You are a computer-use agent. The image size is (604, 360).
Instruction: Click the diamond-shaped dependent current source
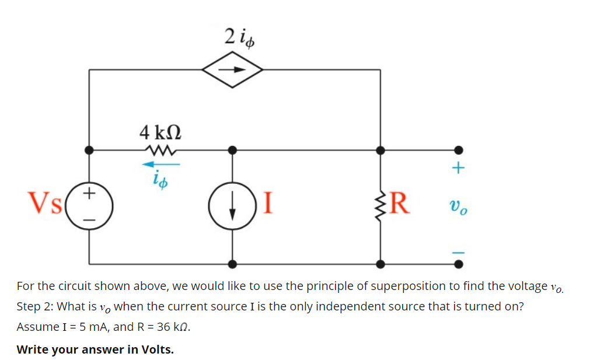233,69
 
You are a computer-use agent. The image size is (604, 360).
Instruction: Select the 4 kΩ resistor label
160,132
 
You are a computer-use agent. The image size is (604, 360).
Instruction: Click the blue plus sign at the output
459,169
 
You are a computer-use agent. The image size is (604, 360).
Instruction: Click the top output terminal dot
459,150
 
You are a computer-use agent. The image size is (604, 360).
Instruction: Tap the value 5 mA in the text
88,327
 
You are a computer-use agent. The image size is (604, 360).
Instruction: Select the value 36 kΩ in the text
172,327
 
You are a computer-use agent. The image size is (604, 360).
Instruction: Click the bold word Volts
156,349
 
